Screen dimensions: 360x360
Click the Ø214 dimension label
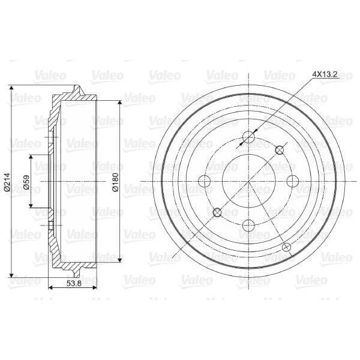[7, 182]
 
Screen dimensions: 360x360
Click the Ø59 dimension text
[26, 182]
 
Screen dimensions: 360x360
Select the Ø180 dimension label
[115, 182]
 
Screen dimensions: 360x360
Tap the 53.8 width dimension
[74, 283]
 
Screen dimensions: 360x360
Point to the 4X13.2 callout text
[325, 74]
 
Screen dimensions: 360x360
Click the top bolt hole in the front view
[249, 137]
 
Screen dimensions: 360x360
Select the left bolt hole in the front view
[205, 181]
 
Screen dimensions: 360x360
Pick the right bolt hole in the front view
[293, 181]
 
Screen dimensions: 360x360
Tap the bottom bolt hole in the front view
[249, 226]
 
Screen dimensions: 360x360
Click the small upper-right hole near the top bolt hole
[280, 150]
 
